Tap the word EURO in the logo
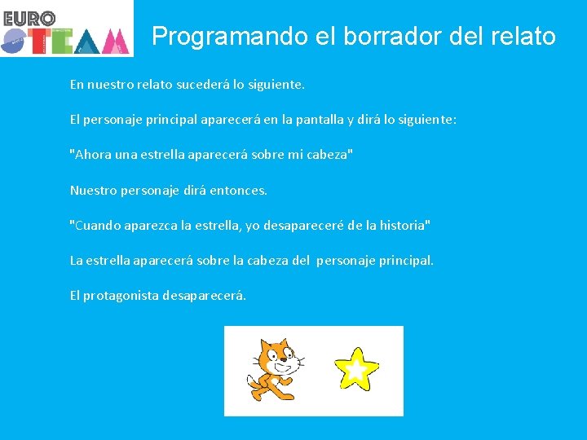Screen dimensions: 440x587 tap(29, 18)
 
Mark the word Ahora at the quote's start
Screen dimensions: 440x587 tap(91, 155)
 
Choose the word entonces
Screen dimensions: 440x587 tap(237, 190)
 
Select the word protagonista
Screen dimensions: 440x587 tap(121, 296)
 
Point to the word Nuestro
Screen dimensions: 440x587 tap(92, 190)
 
